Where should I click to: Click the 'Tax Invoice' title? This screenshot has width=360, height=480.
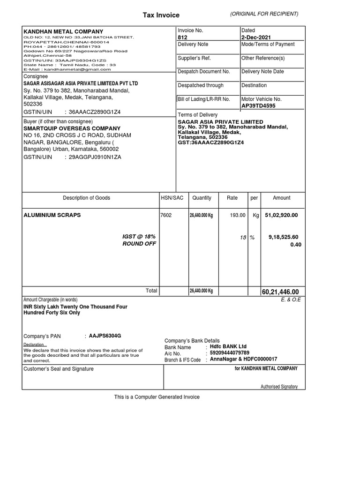pyautogui.click(x=161, y=15)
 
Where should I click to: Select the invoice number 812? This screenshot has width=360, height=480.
pyautogui.click(x=182, y=37)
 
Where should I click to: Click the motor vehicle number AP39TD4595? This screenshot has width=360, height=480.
pyautogui.click(x=258, y=106)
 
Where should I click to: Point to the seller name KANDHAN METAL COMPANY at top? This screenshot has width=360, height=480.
pyautogui.click(x=63, y=31)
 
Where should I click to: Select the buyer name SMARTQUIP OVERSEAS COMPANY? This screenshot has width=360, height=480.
pyautogui.click(x=72, y=128)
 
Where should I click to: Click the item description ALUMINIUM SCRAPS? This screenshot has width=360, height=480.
pyautogui.click(x=52, y=215)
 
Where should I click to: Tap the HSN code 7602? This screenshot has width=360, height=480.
pyautogui.click(x=166, y=215)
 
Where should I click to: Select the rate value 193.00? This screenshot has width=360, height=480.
pyautogui.click(x=237, y=215)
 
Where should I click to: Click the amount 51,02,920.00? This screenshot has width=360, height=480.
pyautogui.click(x=281, y=215)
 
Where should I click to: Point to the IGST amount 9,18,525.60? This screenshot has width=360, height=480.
pyautogui.click(x=283, y=237)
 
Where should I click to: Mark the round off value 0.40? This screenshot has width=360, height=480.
pyautogui.click(x=294, y=244)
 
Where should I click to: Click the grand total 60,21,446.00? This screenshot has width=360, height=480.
pyautogui.click(x=280, y=292)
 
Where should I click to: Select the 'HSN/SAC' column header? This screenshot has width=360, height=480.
pyautogui.click(x=172, y=198)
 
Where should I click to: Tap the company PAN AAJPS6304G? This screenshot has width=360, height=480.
pyautogui.click(x=105, y=336)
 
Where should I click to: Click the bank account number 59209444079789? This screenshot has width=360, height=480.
pyautogui.click(x=230, y=353)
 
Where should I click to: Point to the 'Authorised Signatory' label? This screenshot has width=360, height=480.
pyautogui.click(x=279, y=387)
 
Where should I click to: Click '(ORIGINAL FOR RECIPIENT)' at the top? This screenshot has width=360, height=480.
pyautogui.click(x=264, y=14)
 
